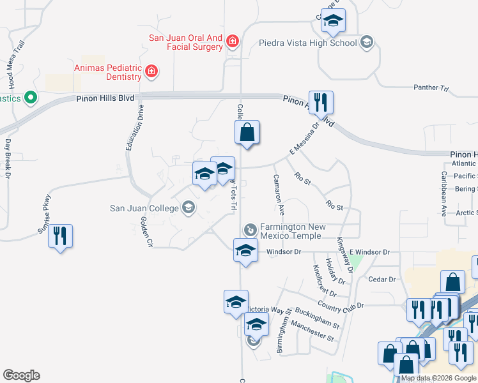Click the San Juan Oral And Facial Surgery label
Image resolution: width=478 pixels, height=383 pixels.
pyautogui.click(x=185, y=42)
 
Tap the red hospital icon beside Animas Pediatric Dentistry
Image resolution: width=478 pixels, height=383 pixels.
pyautogui.click(x=151, y=71)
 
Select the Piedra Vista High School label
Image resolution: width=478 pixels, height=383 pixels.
pyautogui.click(x=307, y=43)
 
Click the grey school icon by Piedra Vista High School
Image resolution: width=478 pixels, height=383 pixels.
pyautogui.click(x=366, y=43)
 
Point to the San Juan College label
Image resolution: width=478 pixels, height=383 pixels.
pyautogui.click(x=145, y=207)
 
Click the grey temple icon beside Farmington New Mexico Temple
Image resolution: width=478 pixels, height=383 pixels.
pyautogui.click(x=251, y=229)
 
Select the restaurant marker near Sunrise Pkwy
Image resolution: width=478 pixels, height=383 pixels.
pyautogui.click(x=61, y=236)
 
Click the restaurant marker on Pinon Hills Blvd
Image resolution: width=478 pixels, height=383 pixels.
pyautogui.click(x=321, y=103)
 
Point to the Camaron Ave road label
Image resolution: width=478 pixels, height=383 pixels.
pyautogui.click(x=279, y=194)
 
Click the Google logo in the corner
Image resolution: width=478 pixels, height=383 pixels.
pyautogui.click(x=21, y=375)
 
